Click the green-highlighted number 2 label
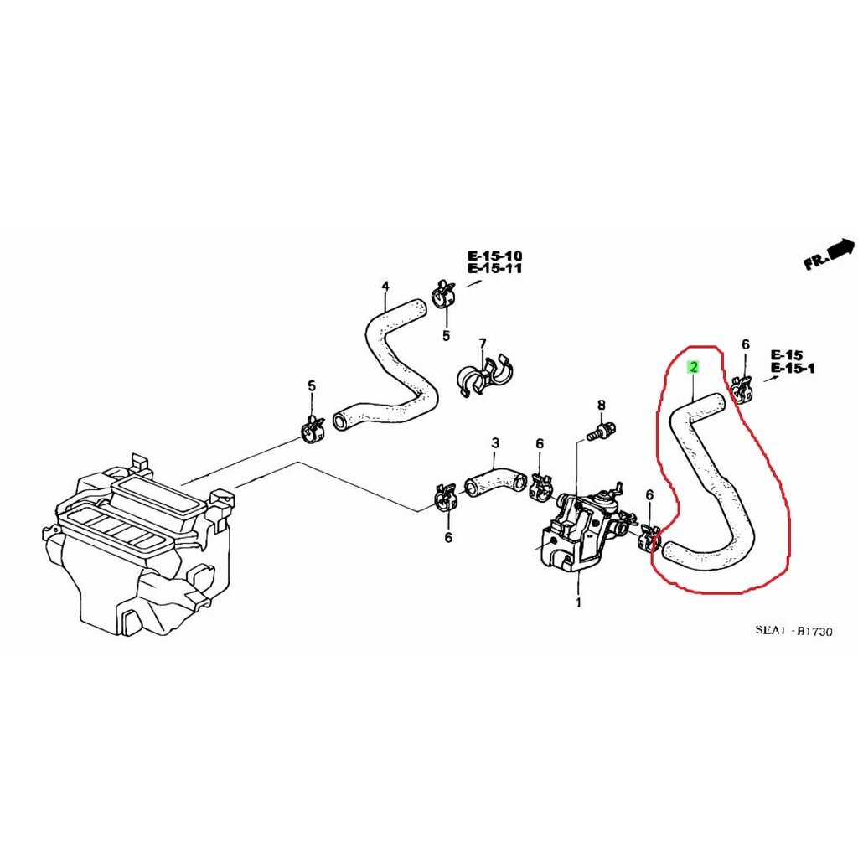pyautogui.click(x=693, y=367)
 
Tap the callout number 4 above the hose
pyautogui.click(x=385, y=287)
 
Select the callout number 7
pyautogui.click(x=482, y=344)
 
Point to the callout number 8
pyautogui.click(x=602, y=405)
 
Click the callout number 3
pyautogui.click(x=495, y=442)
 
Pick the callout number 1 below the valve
pyautogui.click(x=578, y=603)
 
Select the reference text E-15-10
pyautogui.click(x=494, y=256)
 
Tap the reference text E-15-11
pyautogui.click(x=494, y=268)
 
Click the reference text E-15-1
pyautogui.click(x=793, y=369)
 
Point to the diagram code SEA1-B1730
pyautogui.click(x=794, y=631)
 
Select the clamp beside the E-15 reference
pyautogui.click(x=742, y=387)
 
